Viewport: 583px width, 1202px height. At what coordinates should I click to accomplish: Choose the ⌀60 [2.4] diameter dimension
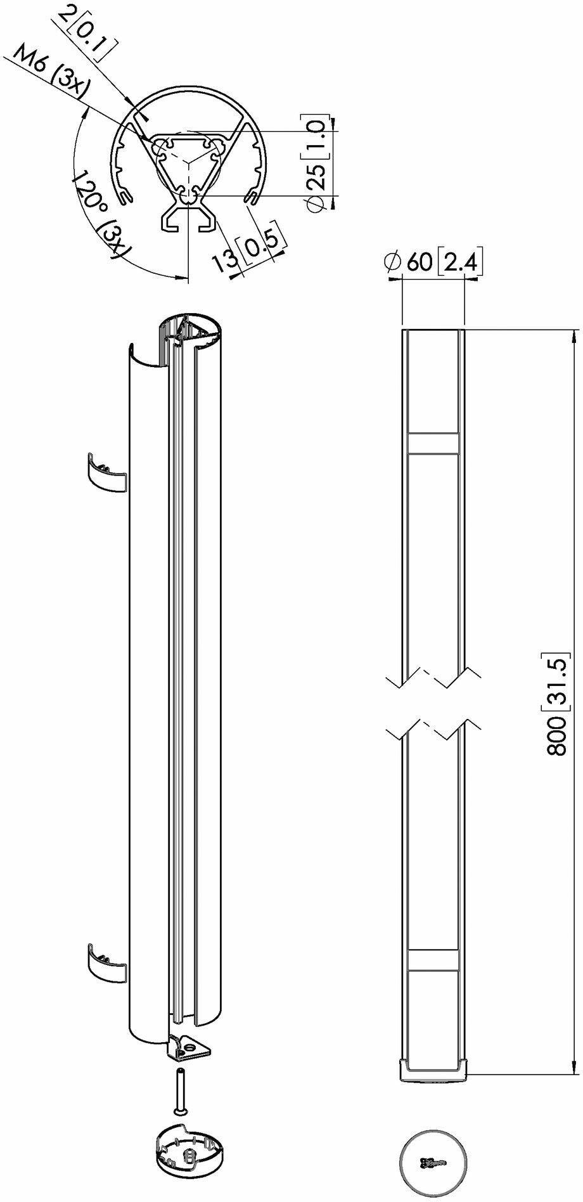[434, 262]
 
